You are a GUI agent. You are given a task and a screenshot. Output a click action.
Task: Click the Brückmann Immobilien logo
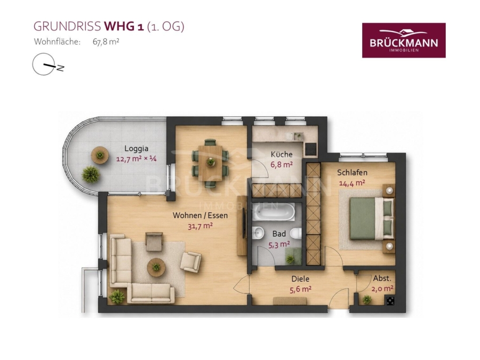[x=404, y=40]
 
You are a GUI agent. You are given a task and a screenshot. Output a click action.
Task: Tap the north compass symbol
[x=48, y=65]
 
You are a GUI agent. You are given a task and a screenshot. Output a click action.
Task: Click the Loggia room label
[x=136, y=149]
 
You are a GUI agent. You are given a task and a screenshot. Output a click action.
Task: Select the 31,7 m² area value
[x=200, y=226]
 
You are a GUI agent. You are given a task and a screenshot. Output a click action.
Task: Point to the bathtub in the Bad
[x=274, y=211]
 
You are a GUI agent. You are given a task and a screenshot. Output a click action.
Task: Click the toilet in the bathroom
[x=296, y=234]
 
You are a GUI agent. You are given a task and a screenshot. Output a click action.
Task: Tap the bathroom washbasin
[x=258, y=234]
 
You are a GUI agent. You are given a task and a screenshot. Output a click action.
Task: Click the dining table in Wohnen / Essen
[x=211, y=163]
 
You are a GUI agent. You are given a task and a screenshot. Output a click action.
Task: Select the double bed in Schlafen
[x=372, y=219]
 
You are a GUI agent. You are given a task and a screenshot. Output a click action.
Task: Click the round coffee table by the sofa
[x=156, y=267]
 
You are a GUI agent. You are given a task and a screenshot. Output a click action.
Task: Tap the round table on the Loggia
[x=99, y=155]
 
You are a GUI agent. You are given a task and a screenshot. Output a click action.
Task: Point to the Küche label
[x=282, y=154]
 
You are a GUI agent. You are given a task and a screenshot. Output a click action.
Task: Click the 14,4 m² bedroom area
[x=352, y=183]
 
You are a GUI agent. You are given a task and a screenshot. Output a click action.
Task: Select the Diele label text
[x=300, y=279]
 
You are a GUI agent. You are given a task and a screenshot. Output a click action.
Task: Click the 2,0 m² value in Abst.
[x=382, y=289]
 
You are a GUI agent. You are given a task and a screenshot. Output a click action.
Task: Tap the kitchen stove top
[x=311, y=149]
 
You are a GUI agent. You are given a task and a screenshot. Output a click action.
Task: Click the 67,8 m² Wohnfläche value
[x=106, y=42]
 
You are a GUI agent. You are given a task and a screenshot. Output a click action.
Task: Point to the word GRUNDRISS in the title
[x=67, y=27]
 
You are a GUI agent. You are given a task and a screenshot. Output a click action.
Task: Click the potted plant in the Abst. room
[x=366, y=299]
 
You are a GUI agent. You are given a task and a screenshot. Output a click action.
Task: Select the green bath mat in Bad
[x=293, y=255]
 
